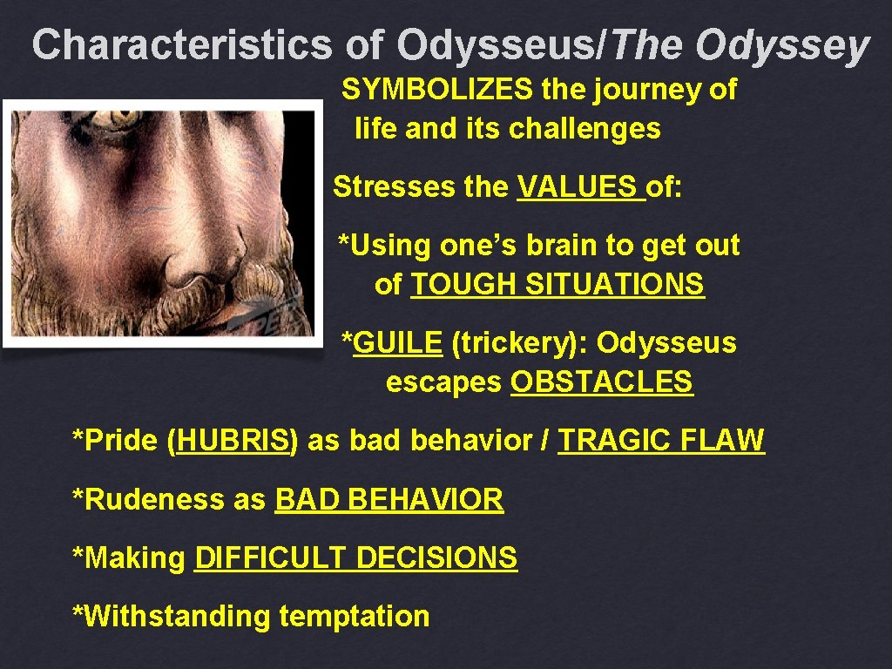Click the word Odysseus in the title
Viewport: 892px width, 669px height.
coord(496,45)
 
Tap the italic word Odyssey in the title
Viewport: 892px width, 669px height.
coord(782,45)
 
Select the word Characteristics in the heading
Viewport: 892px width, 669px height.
coord(182,45)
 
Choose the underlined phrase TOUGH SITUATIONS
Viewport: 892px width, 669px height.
coord(557,284)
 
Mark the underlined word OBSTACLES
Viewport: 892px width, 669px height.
coord(602,382)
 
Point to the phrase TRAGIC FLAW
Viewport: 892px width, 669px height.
coord(661,441)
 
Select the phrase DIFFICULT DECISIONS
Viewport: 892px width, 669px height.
coord(355,557)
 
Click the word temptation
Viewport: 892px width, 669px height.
coord(355,617)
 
